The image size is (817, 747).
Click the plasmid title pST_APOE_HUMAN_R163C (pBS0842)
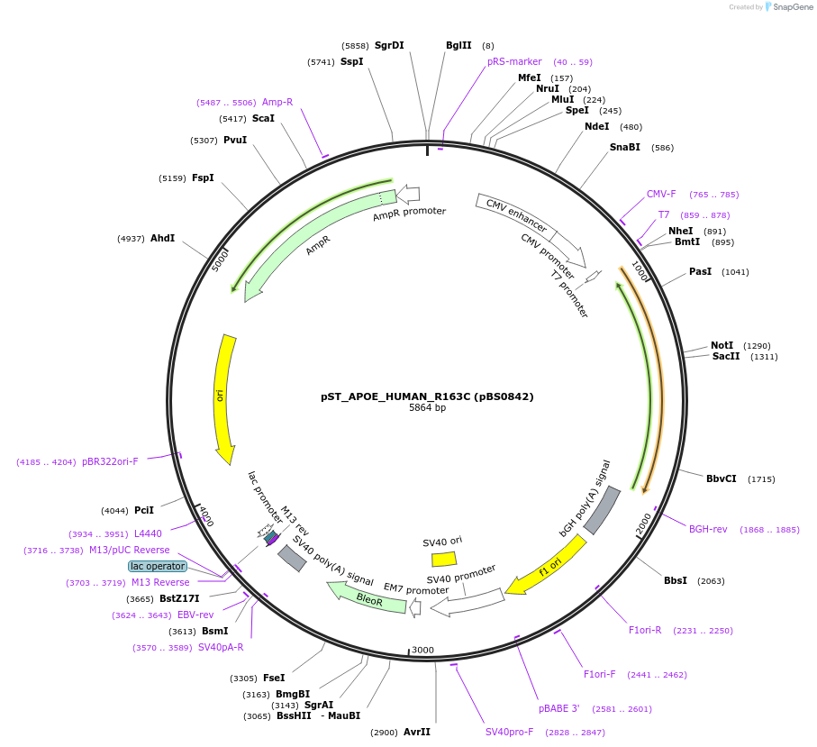427,396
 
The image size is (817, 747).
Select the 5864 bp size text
427,408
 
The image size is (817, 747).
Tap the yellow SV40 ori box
444,559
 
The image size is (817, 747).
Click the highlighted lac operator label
157,566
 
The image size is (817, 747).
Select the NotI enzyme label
722,345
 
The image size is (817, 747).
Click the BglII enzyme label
458,45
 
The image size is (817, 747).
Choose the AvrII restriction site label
417,732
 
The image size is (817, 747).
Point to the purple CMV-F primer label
661,194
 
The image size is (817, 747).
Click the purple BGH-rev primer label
708,529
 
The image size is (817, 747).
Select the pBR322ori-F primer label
110,461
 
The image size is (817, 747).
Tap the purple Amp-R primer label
277,102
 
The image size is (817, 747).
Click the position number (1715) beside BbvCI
761,479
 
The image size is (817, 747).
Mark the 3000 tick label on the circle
422,650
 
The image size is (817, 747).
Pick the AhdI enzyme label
163,238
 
